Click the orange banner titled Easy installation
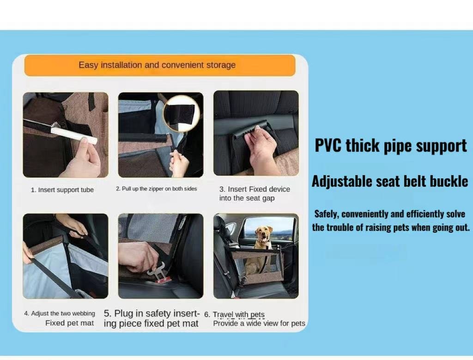click(160, 65)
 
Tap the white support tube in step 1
click(74, 135)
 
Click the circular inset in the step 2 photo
click(182, 114)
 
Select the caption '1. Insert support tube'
click(62, 190)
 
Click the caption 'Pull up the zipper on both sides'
click(159, 189)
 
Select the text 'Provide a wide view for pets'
click(259, 323)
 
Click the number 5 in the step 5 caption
click(107, 313)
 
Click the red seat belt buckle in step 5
click(163, 281)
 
